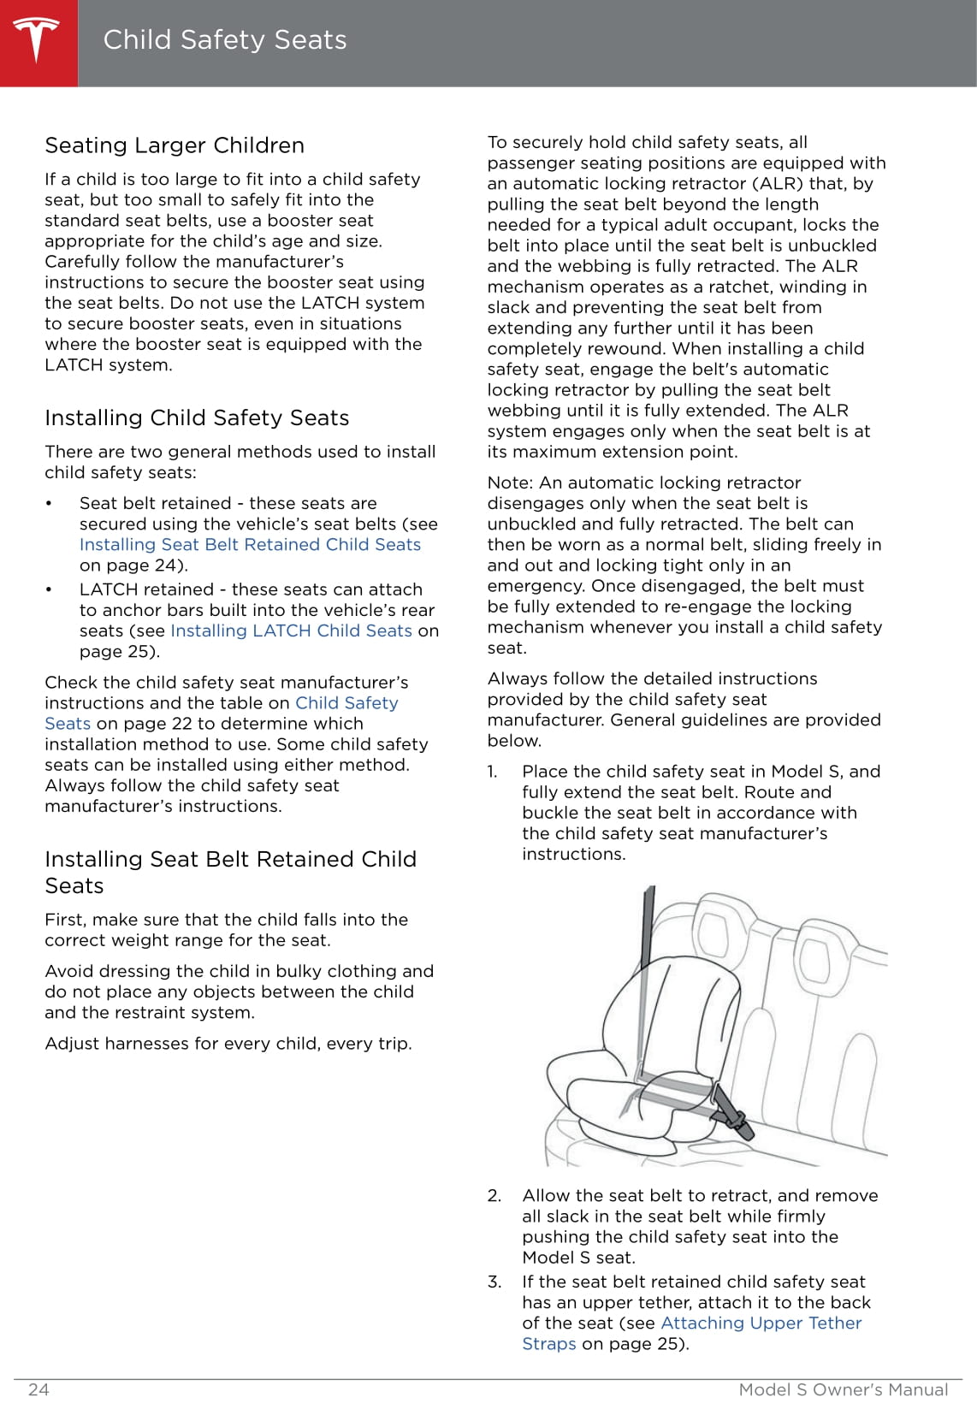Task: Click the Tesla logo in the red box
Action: (x=38, y=41)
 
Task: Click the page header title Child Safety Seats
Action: (x=224, y=40)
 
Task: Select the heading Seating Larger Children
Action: (x=175, y=145)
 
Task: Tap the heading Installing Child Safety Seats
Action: (x=197, y=417)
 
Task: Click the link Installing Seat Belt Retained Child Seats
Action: (x=250, y=545)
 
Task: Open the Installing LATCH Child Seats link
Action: (x=291, y=631)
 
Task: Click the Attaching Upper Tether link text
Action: (x=761, y=1323)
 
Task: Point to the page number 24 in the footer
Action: (x=38, y=1389)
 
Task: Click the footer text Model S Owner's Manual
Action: (x=843, y=1389)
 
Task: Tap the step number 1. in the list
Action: (x=493, y=772)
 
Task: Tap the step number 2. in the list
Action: (x=494, y=1196)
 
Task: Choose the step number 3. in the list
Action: (x=494, y=1282)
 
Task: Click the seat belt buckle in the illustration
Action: (x=734, y=1116)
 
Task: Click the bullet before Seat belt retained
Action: (x=50, y=504)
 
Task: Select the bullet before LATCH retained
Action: (x=50, y=590)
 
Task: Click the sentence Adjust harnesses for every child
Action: (x=228, y=1044)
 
